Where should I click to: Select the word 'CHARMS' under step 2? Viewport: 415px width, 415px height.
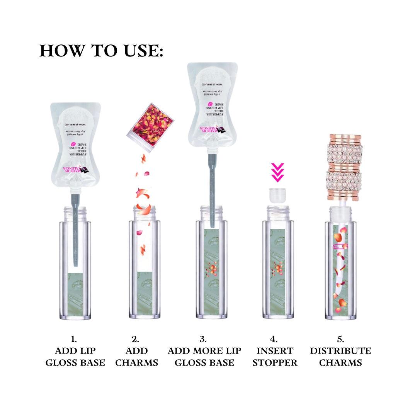click(x=137, y=363)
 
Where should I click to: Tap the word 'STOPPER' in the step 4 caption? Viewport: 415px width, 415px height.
click(x=275, y=363)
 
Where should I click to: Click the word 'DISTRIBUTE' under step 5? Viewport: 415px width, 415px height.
click(x=340, y=351)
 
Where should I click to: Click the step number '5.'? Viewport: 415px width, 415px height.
click(x=340, y=339)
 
